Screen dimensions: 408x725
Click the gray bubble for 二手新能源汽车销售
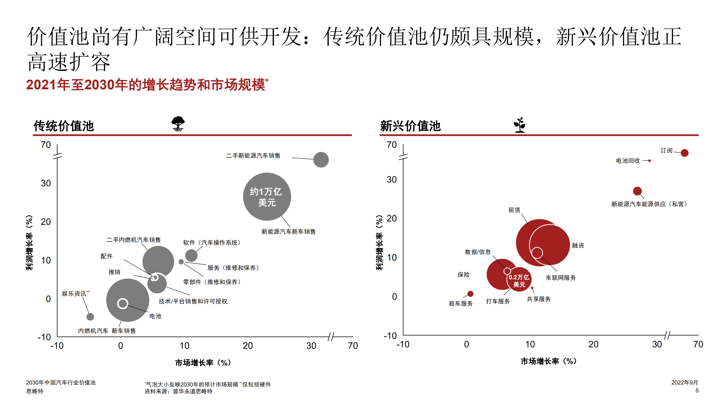321,160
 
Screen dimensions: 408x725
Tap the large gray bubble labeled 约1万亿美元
267,196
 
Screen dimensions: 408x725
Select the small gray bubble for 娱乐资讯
90,316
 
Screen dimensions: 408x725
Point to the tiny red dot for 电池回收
649,161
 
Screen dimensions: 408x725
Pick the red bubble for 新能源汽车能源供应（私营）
637,191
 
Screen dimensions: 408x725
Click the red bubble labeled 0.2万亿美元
519,280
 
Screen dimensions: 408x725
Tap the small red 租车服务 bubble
470,294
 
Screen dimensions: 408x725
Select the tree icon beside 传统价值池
178,124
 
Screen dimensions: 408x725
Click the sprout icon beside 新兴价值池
520,125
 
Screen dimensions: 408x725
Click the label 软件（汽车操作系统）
211,243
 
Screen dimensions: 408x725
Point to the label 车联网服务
561,278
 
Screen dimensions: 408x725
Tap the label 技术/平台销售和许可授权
193,301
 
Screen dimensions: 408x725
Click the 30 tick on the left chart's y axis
46,183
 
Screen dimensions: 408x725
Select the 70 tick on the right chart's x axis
698,344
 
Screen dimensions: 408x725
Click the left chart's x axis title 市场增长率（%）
203,363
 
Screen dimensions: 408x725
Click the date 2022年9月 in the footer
684,382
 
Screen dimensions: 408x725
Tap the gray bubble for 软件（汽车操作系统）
191,255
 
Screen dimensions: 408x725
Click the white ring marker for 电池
122,303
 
